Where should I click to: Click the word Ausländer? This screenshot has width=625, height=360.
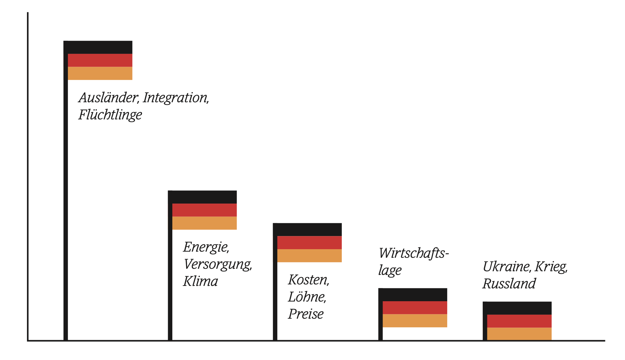(x=109, y=98)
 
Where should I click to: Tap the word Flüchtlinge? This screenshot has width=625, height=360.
(x=110, y=115)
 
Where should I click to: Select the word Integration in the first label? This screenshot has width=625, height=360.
(x=176, y=98)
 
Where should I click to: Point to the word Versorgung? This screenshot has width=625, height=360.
(x=218, y=264)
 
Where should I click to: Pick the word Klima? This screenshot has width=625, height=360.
(x=200, y=281)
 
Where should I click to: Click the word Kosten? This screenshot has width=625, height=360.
(x=309, y=280)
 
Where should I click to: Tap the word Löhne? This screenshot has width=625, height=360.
(x=307, y=297)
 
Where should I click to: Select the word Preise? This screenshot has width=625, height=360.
(x=306, y=314)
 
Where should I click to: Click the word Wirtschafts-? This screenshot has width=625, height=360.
(x=414, y=253)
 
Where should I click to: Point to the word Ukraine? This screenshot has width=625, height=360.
(x=507, y=267)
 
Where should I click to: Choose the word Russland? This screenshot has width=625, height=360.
(x=509, y=284)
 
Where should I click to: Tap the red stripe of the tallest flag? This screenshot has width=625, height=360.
(x=100, y=60)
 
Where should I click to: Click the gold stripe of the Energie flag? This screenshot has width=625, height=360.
(x=204, y=223)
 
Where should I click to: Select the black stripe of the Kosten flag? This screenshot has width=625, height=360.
(x=307, y=230)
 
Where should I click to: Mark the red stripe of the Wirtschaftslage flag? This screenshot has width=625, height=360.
(x=415, y=308)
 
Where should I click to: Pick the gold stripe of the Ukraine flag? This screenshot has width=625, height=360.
(x=519, y=334)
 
